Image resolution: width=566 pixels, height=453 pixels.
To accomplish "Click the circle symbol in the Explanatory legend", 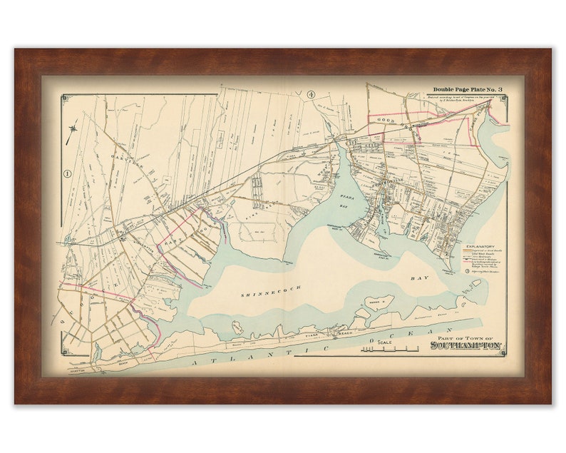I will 466,272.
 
